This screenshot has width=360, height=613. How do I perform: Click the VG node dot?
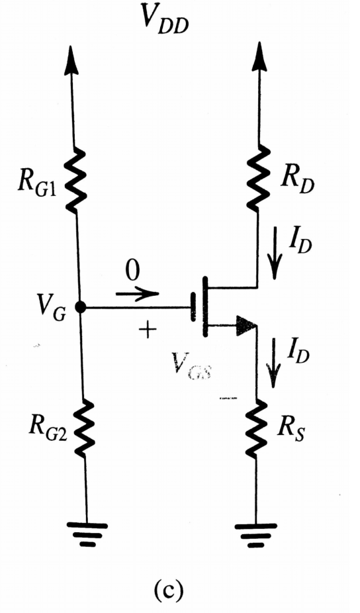click(x=80, y=307)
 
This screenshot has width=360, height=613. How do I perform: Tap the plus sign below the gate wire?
click(x=144, y=329)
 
